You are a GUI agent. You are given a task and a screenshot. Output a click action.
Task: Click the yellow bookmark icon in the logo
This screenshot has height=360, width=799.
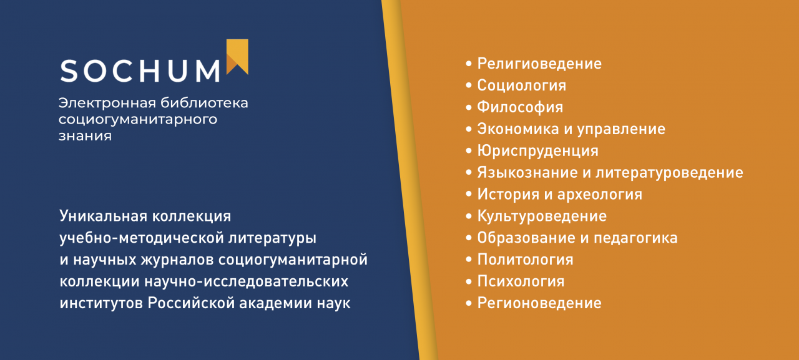click(237, 56)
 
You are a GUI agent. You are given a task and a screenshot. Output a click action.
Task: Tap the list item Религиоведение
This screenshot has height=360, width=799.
click(539, 64)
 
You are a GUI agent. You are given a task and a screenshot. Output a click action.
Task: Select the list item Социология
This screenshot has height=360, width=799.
click(521, 85)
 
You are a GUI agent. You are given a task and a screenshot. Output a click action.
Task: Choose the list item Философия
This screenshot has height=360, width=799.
click(520, 107)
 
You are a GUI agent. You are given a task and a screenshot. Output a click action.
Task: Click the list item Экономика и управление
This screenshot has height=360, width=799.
click(571, 129)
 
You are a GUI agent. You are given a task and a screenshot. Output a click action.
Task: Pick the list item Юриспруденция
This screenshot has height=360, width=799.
click(537, 151)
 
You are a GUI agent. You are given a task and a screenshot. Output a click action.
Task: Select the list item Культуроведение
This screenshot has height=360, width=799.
click(541, 216)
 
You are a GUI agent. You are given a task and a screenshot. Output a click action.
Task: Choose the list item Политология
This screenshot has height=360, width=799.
click(525, 260)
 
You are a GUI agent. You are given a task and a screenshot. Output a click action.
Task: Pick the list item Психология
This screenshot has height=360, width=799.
click(521, 281)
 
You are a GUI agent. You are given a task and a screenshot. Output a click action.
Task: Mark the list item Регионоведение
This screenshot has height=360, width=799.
click(539, 303)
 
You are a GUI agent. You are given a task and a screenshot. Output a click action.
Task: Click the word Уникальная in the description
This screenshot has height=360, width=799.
click(102, 216)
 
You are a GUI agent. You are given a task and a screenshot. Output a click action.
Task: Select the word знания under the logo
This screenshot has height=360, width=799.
click(85, 135)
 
